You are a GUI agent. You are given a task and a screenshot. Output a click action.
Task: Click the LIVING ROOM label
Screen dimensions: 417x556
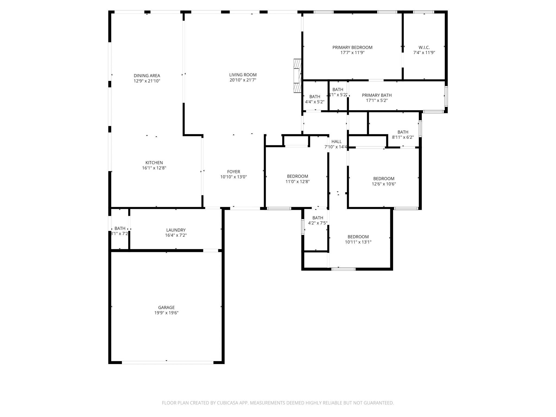pos(243,75)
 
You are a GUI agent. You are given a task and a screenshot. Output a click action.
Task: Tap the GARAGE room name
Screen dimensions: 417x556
pos(166,307)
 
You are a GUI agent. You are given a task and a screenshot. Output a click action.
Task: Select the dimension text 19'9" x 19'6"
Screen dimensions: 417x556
pos(166,313)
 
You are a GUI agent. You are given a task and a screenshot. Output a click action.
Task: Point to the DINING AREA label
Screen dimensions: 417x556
pos(147,75)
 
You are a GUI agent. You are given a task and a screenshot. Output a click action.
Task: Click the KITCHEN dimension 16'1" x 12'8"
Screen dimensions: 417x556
pos(154,168)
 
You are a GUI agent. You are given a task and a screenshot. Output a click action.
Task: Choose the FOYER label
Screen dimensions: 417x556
pos(233,172)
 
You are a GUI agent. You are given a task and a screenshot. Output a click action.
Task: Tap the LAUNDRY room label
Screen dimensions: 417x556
pos(176,230)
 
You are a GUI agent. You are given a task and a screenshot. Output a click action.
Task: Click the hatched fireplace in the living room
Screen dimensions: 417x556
pos(298,76)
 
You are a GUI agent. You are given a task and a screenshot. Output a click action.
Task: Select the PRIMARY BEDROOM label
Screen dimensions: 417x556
pos(352,47)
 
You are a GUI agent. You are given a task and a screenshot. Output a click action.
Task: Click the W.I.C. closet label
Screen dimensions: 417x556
pos(424,47)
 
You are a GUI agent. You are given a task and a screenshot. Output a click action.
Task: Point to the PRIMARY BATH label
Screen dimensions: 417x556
pos(377,95)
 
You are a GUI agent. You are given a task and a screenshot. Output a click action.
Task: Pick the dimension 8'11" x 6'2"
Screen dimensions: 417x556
pos(403,137)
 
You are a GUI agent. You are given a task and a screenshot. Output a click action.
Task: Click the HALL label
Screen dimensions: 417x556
pos(336,141)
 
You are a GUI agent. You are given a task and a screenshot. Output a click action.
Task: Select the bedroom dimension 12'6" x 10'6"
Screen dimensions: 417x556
pos(384,184)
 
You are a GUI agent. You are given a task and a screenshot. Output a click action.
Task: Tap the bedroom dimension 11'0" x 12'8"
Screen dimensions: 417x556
pos(298,182)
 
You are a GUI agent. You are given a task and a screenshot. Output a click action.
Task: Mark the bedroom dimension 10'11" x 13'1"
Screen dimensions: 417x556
pos(358,242)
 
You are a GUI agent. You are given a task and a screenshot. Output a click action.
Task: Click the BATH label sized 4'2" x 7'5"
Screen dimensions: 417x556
pos(318,218)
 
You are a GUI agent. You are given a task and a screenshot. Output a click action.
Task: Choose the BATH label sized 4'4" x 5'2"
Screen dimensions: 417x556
pos(315,96)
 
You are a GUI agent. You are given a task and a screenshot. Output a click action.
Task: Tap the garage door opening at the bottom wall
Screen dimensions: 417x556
pos(168,362)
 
